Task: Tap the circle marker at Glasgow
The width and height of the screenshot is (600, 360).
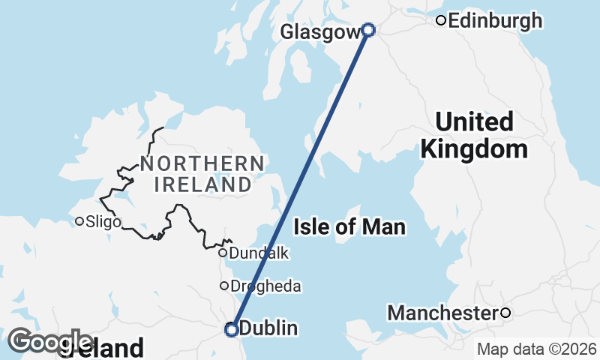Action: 368,30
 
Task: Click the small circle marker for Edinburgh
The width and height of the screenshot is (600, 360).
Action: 442,20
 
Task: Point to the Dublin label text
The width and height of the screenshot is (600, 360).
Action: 268,328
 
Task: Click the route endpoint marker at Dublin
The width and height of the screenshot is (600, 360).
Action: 232,328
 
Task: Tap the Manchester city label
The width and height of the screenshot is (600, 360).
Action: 443,313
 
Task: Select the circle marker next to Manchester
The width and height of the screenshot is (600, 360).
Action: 505,313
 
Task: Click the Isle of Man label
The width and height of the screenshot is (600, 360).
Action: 349,226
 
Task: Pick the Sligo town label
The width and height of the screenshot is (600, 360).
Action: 103,221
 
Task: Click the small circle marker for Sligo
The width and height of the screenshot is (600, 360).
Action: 79,221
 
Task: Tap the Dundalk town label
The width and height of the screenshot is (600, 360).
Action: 259,253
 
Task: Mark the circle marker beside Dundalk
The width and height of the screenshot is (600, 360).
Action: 223,253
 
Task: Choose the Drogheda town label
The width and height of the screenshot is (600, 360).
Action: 265,286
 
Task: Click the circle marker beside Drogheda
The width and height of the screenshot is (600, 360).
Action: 223,286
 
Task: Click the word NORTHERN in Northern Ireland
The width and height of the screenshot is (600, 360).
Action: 202,163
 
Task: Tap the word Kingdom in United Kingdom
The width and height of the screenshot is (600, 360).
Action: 474,148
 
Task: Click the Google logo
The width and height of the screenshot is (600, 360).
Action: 49,341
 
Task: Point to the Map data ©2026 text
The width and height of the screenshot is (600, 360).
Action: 536,349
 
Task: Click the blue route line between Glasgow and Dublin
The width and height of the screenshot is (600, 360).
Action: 300,179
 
